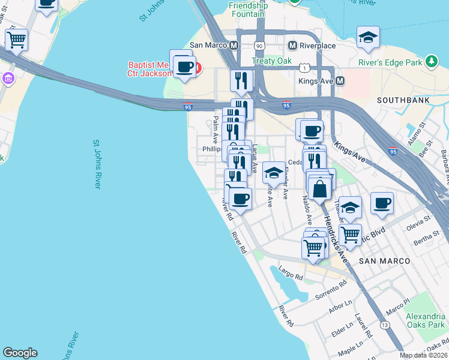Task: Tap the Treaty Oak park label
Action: (271, 61)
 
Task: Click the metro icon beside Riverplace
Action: (293, 46)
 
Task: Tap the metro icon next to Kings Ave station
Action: (340, 80)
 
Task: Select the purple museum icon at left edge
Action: (7, 78)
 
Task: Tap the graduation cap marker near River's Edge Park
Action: (368, 38)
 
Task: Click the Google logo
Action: (20, 353)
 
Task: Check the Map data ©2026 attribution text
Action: (423, 355)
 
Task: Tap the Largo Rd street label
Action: (291, 275)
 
